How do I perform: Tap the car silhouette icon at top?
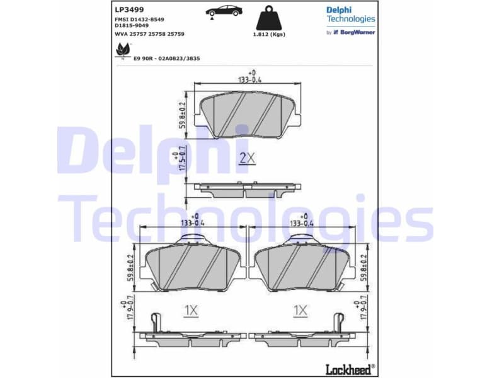coord(223,11)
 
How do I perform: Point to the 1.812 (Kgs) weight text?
coord(268,34)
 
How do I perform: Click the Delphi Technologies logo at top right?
coord(350,14)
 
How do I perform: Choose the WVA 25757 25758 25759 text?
coord(150,33)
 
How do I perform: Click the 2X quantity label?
coord(246,158)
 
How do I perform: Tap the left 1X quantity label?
coord(191,310)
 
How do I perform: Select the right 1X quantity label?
coord(300,310)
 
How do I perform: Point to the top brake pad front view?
coord(247,115)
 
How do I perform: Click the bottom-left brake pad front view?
coord(192,264)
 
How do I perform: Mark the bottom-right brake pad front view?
coord(301,264)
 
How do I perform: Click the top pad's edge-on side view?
coord(247,190)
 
